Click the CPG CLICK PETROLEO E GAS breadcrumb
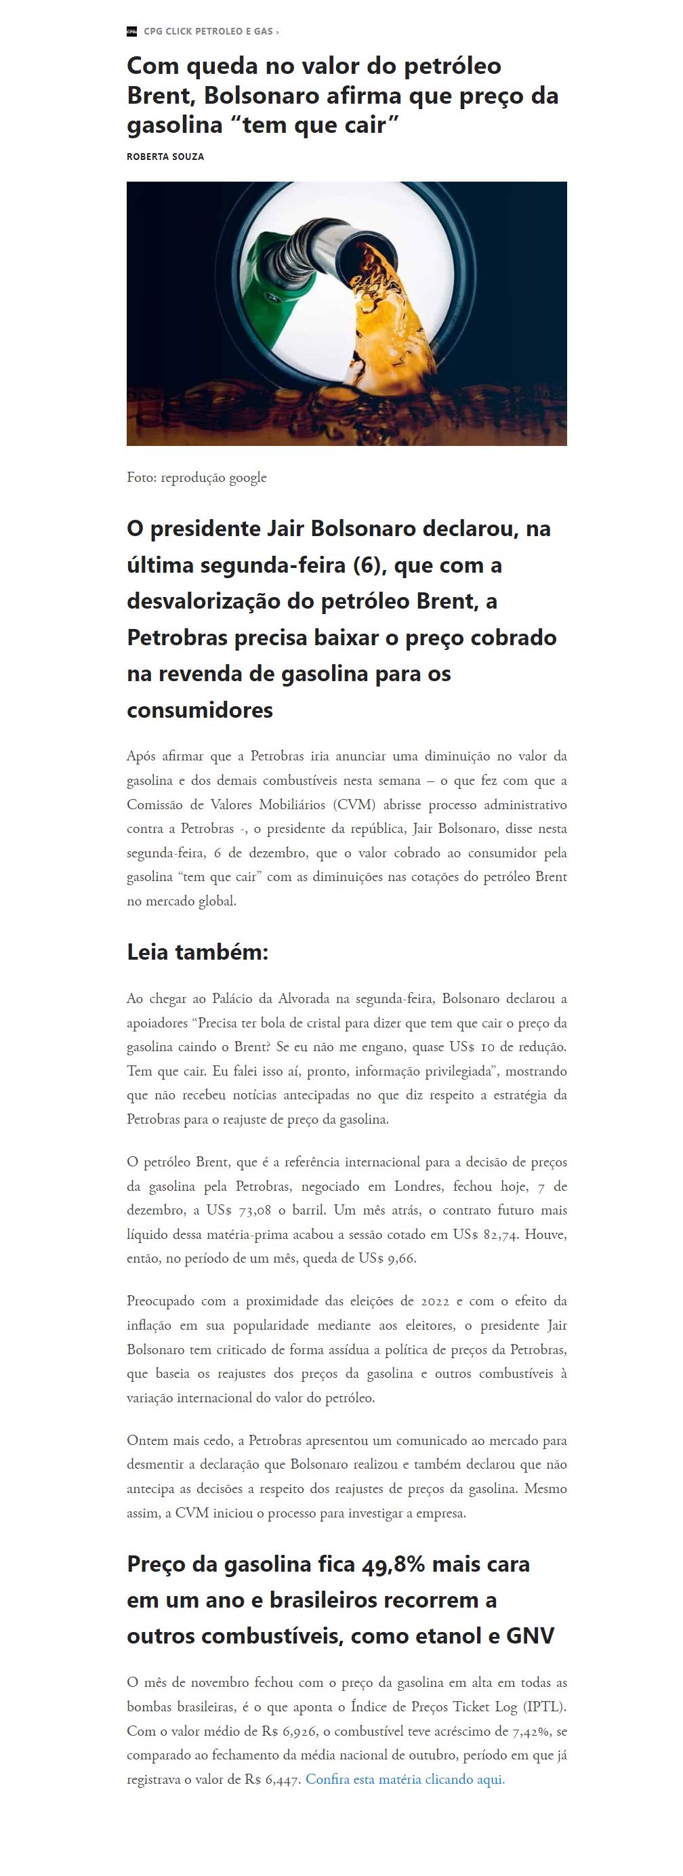tap(207, 31)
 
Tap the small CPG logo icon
tap(132, 31)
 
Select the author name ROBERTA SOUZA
tap(165, 157)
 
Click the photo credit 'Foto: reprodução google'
tap(196, 478)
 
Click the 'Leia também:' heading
tap(197, 952)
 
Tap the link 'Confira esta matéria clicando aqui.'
tap(405, 1779)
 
